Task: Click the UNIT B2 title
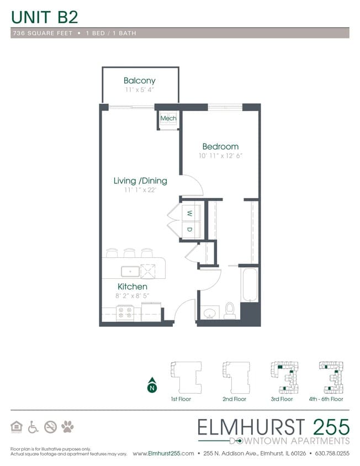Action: click(x=44, y=17)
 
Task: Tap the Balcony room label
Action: click(x=139, y=81)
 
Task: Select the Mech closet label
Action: click(x=168, y=119)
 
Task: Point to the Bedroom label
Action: click(x=220, y=146)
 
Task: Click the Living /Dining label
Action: click(x=140, y=181)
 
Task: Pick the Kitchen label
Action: click(x=132, y=287)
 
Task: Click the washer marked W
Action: click(x=189, y=213)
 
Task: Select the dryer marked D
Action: click(x=189, y=229)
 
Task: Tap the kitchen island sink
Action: click(x=131, y=271)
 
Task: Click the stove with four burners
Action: click(x=124, y=313)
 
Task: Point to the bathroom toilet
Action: click(x=230, y=311)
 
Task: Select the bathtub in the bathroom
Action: click(x=250, y=284)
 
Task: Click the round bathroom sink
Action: click(x=210, y=314)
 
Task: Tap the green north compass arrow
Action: click(x=151, y=386)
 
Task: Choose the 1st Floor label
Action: click(x=181, y=399)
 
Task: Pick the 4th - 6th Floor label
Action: click(x=326, y=399)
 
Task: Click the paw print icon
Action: click(x=67, y=427)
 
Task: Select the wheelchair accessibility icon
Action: click(x=33, y=427)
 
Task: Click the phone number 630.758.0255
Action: click(x=332, y=454)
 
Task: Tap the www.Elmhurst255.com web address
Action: click(x=163, y=454)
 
